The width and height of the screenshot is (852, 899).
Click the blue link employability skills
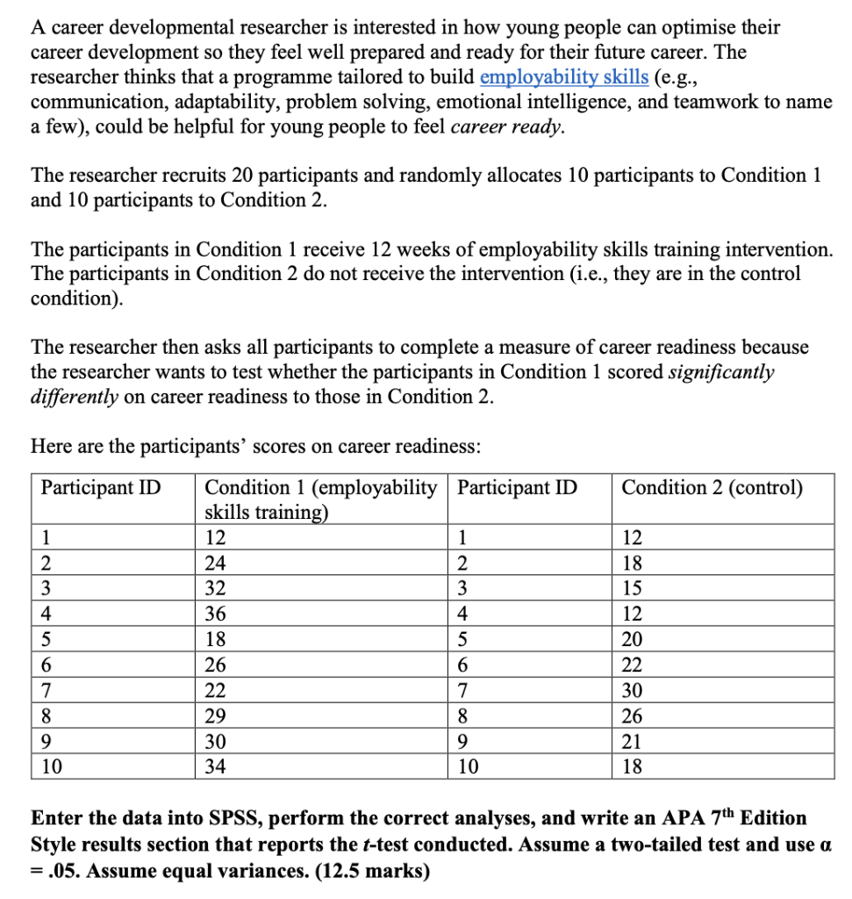pyautogui.click(x=564, y=76)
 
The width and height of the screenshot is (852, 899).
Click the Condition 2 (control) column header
pyautogui.click(x=712, y=487)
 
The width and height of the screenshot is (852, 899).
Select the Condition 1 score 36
pyautogui.click(x=215, y=614)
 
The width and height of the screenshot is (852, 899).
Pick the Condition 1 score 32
pyautogui.click(x=215, y=588)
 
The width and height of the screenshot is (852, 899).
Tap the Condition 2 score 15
pyautogui.click(x=632, y=588)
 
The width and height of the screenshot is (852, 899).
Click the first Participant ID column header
pyautogui.click(x=101, y=487)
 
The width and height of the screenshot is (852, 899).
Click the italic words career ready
pyautogui.click(x=505, y=126)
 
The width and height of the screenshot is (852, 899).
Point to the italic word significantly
pyautogui.click(x=721, y=371)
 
